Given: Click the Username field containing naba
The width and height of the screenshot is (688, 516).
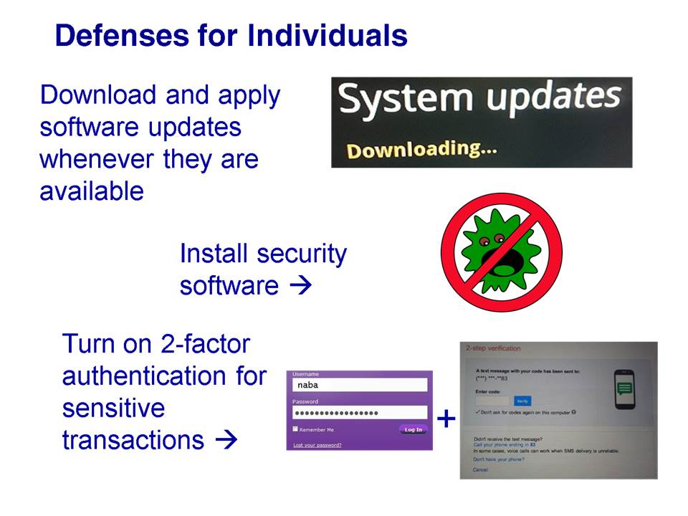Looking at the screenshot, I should click(359, 385).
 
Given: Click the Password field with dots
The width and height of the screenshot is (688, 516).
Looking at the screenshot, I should click(359, 414).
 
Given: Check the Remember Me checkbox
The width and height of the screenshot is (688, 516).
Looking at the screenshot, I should click(295, 429).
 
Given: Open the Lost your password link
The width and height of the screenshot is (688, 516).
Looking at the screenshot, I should click(317, 445).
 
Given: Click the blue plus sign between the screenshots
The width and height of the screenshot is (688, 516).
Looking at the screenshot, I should click(446, 419).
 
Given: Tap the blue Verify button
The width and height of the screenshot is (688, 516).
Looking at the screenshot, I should click(522, 401).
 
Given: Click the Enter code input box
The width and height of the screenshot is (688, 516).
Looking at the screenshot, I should click(492, 401).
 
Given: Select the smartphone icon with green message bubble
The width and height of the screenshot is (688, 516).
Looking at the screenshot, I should click(626, 389).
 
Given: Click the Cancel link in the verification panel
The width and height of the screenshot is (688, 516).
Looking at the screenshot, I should click(480, 469).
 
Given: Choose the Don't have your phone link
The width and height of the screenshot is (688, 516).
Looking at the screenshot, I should click(498, 459).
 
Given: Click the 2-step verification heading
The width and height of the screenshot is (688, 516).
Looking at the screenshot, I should click(493, 348).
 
